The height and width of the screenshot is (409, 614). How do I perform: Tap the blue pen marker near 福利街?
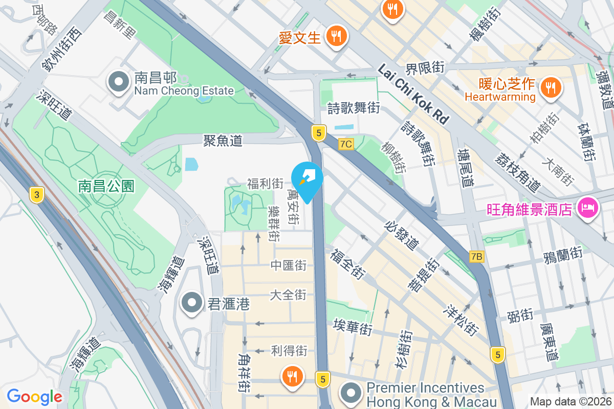[307, 178]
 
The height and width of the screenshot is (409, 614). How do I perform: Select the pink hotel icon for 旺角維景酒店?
[587, 208]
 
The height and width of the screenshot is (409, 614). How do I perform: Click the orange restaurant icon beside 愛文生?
[336, 36]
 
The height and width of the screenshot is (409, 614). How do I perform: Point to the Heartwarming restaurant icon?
[551, 87]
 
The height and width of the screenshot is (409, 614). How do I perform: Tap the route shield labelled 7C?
[346, 144]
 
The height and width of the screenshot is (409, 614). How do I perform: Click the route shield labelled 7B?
[476, 256]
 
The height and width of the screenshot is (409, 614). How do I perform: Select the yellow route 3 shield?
[36, 194]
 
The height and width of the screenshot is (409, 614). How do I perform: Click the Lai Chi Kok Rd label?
[413, 94]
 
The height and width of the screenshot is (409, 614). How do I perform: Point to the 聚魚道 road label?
[223, 141]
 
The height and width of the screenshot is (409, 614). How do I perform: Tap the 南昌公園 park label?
[106, 186]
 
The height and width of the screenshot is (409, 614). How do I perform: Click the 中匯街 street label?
[289, 265]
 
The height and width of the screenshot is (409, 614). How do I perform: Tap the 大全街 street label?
[288, 295]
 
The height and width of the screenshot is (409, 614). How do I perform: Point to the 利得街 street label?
[289, 351]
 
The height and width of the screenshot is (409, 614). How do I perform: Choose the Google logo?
[34, 396]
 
